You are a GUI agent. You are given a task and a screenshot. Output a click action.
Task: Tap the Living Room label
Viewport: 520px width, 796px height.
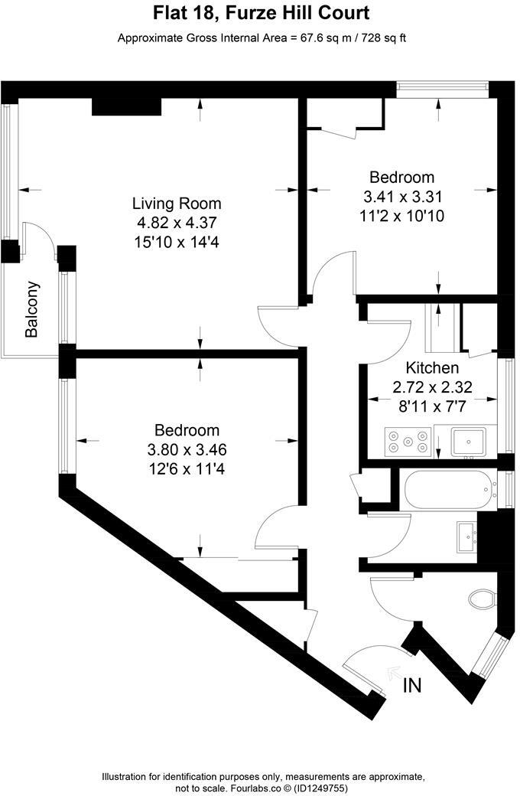pyautogui.click(x=177, y=204)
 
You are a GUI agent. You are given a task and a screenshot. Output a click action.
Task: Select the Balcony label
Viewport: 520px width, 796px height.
pyautogui.click(x=32, y=310)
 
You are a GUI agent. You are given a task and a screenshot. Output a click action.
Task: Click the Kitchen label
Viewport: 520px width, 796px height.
pyautogui.click(x=432, y=367)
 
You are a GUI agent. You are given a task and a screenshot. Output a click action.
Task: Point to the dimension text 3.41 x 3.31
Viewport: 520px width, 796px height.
pyautogui.click(x=402, y=196)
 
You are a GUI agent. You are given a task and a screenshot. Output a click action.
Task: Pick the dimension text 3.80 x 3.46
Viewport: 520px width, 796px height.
pyautogui.click(x=187, y=449)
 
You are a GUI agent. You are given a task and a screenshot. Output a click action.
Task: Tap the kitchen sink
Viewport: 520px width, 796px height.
pyautogui.click(x=467, y=442)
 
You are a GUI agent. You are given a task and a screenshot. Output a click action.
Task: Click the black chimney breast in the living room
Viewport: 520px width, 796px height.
pyautogui.click(x=126, y=106)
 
